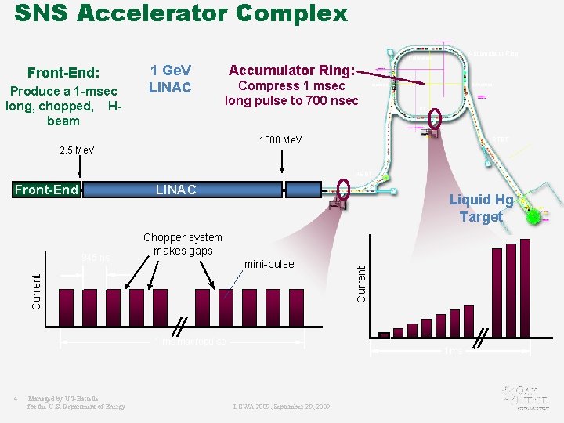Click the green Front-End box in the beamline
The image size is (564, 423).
47,190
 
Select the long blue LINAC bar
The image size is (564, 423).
180,190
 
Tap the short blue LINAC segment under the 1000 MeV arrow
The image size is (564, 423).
302,190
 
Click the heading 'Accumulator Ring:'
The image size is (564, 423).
291,70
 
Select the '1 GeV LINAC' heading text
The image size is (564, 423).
170,78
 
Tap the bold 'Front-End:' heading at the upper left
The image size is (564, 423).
63,73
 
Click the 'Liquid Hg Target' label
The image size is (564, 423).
481,208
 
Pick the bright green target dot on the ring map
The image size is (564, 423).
533,216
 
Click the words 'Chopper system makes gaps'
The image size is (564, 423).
183,244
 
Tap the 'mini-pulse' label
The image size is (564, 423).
269,264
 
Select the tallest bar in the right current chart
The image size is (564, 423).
525,287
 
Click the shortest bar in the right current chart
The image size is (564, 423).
384,334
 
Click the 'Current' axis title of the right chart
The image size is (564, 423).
361,284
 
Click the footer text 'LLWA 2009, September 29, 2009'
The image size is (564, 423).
281,407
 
